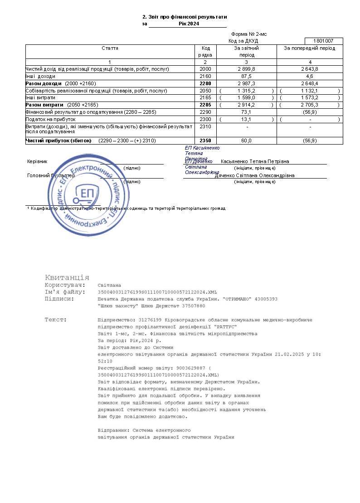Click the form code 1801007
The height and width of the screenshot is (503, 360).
(324, 41)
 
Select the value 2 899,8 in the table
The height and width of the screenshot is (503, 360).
(246, 69)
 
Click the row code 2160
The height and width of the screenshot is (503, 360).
(205, 76)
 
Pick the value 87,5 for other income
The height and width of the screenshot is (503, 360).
(246, 76)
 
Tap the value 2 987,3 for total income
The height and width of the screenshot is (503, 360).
(246, 83)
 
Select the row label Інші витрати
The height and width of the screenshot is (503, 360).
(41, 97)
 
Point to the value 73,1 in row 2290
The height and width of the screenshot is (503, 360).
(246, 112)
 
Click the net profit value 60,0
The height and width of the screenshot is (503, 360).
(246, 141)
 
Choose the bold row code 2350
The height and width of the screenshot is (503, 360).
(205, 141)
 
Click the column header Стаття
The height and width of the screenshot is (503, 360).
(110, 48)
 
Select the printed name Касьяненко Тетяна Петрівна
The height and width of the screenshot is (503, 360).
(255, 161)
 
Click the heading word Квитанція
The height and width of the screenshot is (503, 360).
(67, 277)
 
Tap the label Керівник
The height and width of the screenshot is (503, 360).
(37, 161)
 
